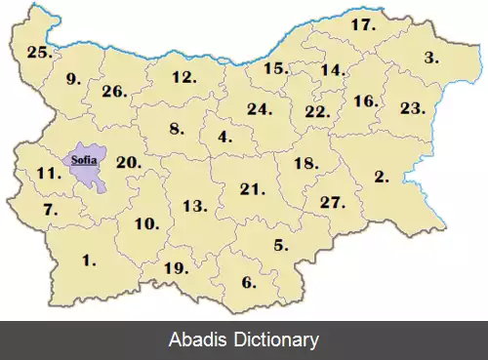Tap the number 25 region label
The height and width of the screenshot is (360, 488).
pyautogui.click(x=39, y=53)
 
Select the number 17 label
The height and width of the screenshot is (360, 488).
pyautogui.click(x=363, y=24)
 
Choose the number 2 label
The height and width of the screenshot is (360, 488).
pyautogui.click(x=382, y=178)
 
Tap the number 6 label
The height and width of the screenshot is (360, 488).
pyautogui.click(x=249, y=283)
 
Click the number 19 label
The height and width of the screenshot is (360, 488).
pyautogui.click(x=176, y=267)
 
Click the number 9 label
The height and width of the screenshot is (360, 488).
pyautogui.click(x=73, y=80)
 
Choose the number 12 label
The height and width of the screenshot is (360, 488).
pyautogui.click(x=183, y=76)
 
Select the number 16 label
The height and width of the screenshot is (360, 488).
pyautogui.click(x=365, y=100)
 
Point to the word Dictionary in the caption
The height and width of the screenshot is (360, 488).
pyautogui.click(x=271, y=340)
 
